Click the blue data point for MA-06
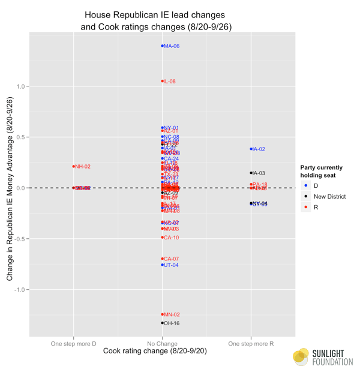coord(163,46)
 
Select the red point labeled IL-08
coord(163,81)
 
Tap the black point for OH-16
coord(163,323)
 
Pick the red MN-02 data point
coord(163,314)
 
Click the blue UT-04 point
coord(163,265)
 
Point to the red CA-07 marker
coord(163,259)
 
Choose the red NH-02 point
coord(74,166)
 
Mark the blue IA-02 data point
coord(251,149)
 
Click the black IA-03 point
coord(251,173)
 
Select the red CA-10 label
coord(172,238)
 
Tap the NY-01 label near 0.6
coord(172,128)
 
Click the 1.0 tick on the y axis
coord(22,86)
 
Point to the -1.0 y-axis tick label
coord(21,290)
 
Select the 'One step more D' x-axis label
coord(74,343)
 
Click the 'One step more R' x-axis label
coord(251,343)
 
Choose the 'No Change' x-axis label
coord(163,343)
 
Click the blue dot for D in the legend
coord(307,185)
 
